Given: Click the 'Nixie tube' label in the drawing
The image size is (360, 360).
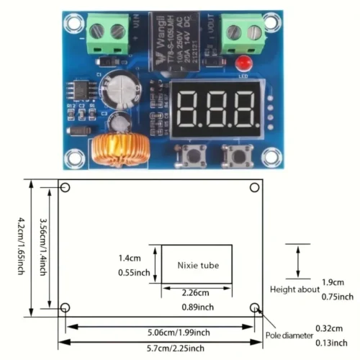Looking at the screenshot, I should [x=197, y=265].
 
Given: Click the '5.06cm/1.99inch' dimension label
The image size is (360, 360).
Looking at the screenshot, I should [x=161, y=332].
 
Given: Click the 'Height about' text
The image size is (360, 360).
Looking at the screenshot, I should [x=294, y=289].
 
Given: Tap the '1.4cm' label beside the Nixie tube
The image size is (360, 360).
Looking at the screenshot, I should [x=130, y=257].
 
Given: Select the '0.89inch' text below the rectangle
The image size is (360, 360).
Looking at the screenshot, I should [x=197, y=307].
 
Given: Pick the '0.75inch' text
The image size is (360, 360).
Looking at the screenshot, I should [x=336, y=297].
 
